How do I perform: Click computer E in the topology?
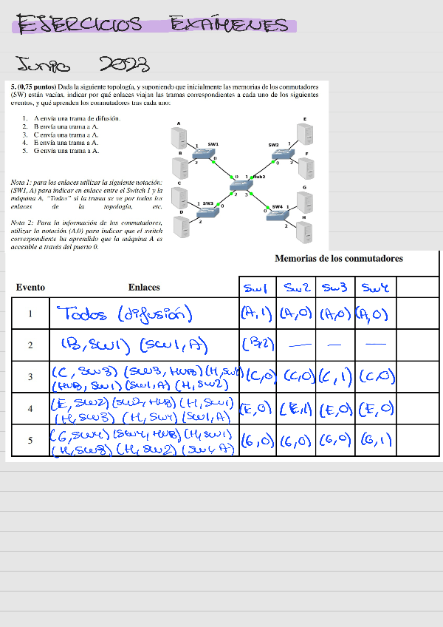coord(302,133)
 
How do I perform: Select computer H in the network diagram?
coord(303,233)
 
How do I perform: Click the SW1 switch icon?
coord(205,153)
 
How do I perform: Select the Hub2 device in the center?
coord(240,185)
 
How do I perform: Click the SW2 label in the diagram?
coord(273,145)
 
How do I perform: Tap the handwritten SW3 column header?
coord(335,286)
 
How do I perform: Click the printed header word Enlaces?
coord(144,287)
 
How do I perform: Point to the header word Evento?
coord(30,287)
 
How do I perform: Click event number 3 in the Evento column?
coord(30,377)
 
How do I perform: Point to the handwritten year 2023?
coord(123,65)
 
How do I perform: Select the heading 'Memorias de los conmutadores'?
coord(339,259)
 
